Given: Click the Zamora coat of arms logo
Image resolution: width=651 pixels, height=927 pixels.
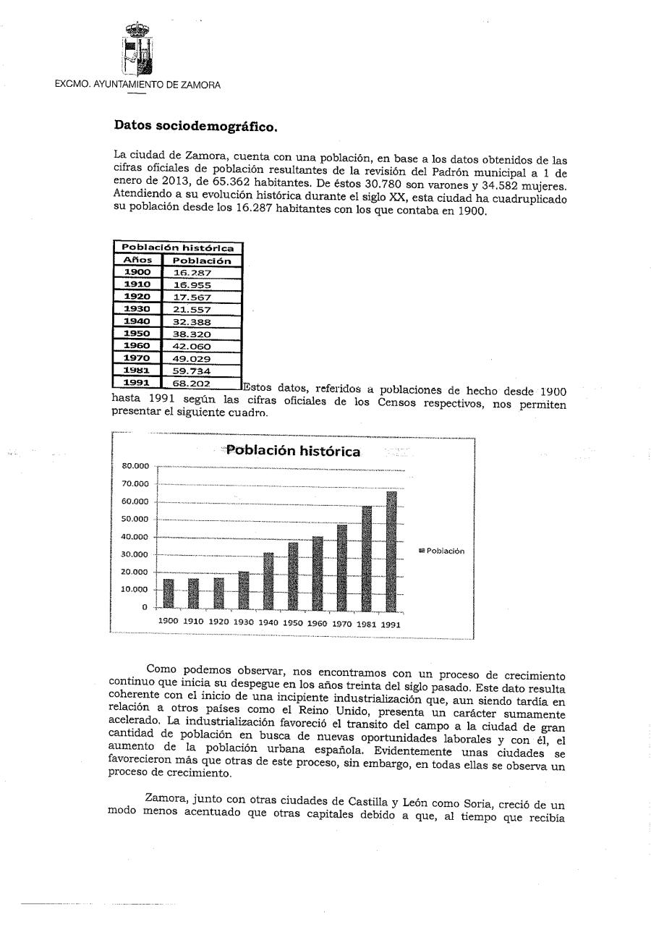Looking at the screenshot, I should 137,48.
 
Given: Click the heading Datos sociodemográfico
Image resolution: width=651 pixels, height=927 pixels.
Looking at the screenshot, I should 195,126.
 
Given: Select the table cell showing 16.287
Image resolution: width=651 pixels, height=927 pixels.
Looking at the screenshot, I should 191,273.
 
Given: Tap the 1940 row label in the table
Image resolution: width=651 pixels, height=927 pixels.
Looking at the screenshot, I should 137,321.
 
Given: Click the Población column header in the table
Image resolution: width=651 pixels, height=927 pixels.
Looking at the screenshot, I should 202,261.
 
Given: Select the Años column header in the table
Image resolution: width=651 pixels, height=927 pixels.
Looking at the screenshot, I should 137,261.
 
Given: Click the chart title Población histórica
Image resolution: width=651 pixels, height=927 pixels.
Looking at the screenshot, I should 293,451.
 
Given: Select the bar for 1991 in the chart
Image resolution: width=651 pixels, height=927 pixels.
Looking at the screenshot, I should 391,549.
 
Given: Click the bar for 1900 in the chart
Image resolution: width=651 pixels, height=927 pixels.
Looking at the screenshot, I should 169,593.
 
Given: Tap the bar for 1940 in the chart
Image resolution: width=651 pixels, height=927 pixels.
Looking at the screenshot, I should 268,580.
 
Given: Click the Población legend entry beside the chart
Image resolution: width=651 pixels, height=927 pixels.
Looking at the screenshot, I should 442,551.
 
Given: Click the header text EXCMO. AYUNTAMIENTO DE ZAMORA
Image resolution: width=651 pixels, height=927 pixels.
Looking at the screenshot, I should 138,85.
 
